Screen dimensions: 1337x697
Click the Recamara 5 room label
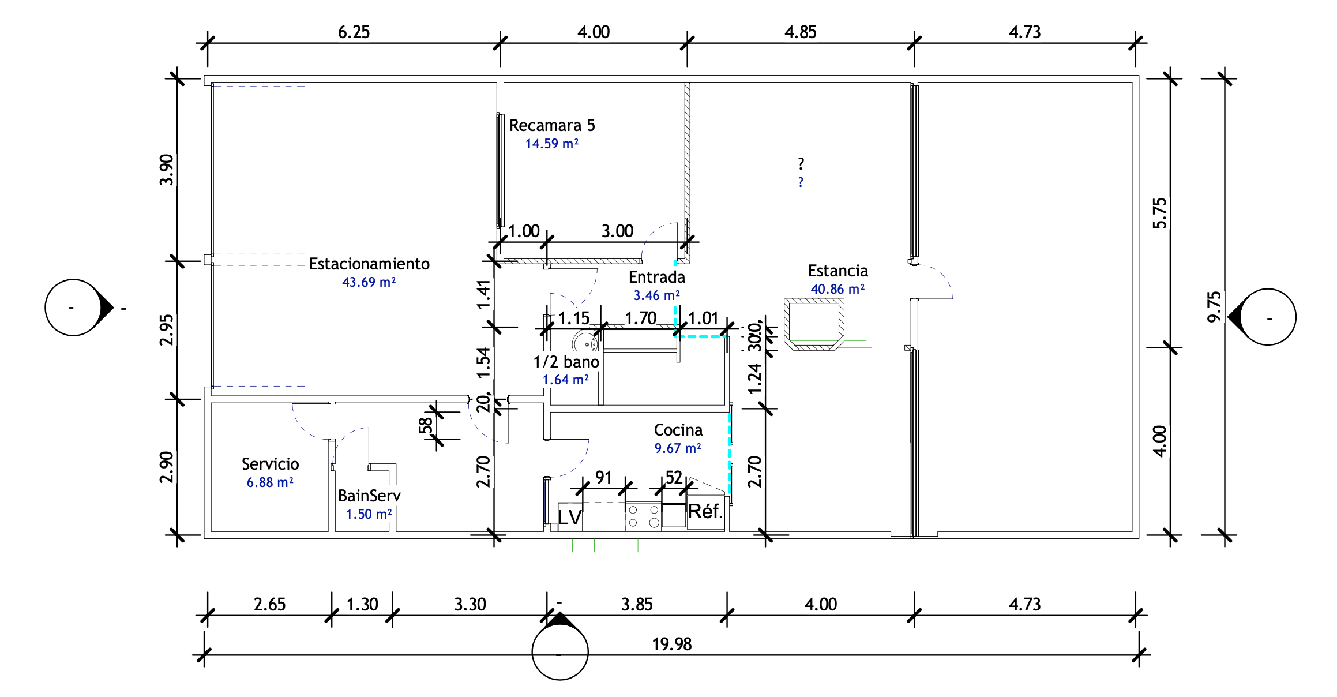click(552, 125)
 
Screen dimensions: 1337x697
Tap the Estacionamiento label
click(369, 264)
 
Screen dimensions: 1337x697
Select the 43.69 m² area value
click(369, 282)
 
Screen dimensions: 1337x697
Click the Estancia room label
click(837, 271)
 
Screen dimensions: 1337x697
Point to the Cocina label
click(678, 430)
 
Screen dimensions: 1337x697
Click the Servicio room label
click(270, 464)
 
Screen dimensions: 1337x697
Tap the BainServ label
click(369, 496)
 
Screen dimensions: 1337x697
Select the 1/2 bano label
click(566, 362)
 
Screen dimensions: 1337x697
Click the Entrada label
click(657, 277)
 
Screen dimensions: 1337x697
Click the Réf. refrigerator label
click(705, 511)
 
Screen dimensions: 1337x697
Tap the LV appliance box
click(570, 516)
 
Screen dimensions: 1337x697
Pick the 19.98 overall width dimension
click(671, 644)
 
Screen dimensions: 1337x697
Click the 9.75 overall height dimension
click(1214, 307)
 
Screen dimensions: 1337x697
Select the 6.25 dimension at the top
click(354, 32)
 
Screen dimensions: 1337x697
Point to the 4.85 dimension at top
click(801, 32)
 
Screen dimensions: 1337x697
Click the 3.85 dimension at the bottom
click(637, 604)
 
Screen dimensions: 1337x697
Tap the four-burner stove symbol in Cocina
click(643, 516)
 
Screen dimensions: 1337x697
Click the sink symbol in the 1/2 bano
click(586, 342)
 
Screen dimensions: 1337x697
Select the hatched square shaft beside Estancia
click(814, 324)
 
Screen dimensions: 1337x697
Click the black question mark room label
click(801, 163)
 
